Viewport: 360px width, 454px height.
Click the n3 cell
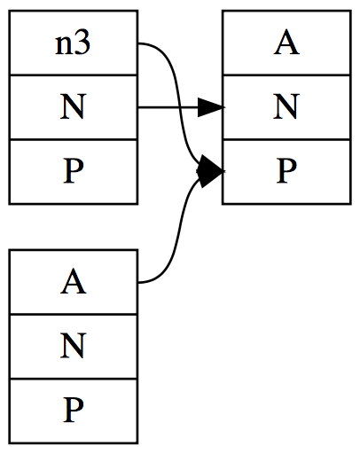74,43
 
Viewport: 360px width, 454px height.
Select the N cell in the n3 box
74,107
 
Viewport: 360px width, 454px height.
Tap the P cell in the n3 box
74,171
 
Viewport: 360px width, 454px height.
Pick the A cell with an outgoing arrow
74,282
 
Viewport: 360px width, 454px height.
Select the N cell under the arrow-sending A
74,346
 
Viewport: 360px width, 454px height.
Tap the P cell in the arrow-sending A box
74,410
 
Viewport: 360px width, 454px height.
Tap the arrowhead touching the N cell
210,108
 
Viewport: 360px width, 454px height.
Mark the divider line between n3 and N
74,75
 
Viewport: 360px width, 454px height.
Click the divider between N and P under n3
74,139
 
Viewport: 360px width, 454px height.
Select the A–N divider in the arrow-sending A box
74,314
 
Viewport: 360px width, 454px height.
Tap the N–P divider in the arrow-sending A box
74,378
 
